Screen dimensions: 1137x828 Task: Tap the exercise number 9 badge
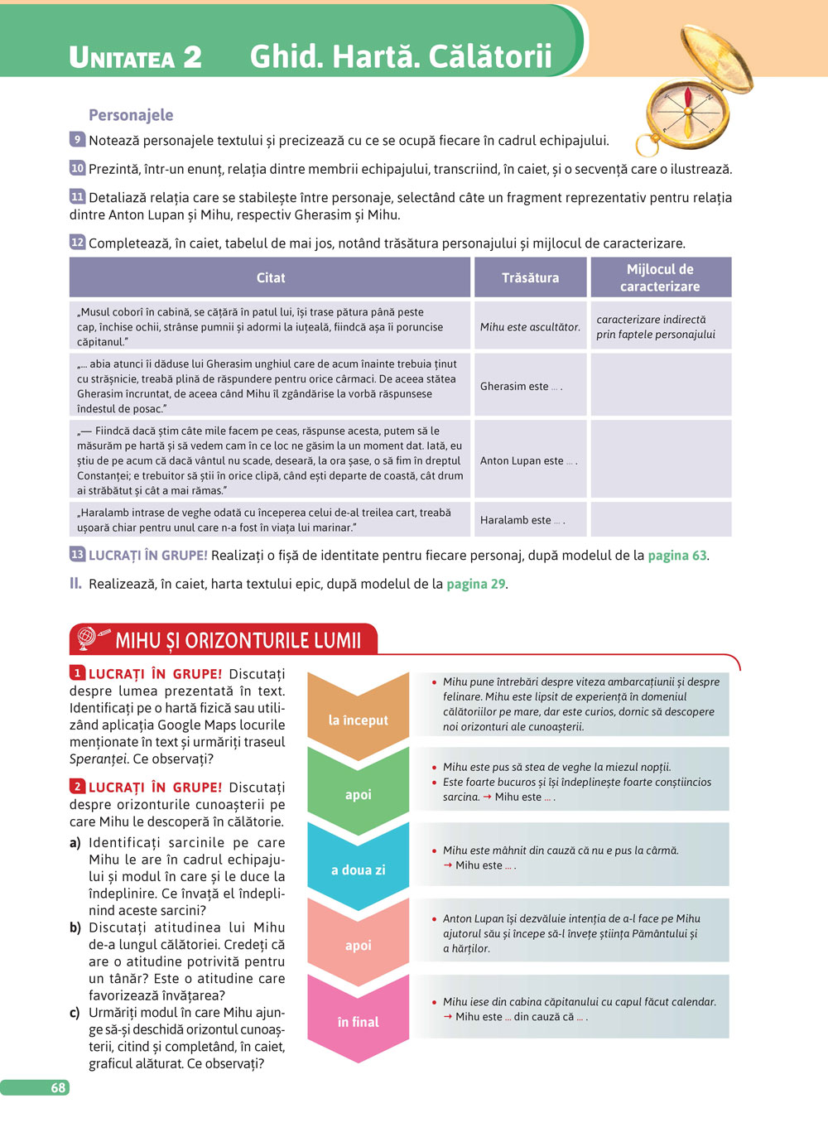[x=77, y=140]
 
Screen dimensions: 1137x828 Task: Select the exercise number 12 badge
[x=77, y=243]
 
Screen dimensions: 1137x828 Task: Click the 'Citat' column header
[x=270, y=277]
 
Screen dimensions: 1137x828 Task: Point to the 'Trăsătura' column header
[x=530, y=277]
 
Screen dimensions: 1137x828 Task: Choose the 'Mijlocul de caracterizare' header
[x=660, y=277]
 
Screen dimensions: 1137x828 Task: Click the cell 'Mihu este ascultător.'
[x=530, y=327]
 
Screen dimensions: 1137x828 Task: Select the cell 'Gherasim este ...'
[x=521, y=386]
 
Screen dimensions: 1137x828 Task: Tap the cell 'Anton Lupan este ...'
[x=528, y=460]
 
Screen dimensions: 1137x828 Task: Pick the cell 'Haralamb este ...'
[x=522, y=520]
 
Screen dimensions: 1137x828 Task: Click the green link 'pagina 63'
[x=676, y=555]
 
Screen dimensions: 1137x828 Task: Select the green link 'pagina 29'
[x=475, y=584]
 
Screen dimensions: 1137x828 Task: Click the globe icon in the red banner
[x=87, y=638]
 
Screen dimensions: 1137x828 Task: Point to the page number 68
[x=58, y=1087]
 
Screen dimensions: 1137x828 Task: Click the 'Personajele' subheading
[x=131, y=115]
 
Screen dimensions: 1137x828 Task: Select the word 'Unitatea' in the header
[x=123, y=58]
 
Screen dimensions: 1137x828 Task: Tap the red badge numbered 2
[x=77, y=787]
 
